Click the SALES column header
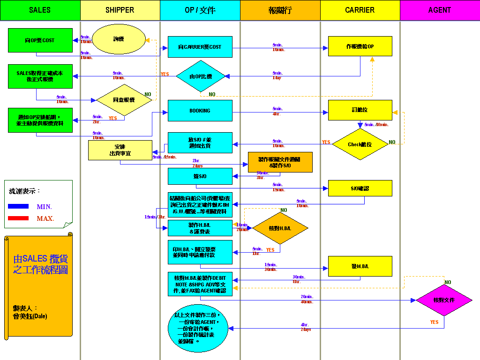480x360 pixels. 40,10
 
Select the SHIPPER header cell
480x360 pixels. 120,10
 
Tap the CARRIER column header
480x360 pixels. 360,10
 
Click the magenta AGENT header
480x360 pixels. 439,10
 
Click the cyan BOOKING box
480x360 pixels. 200,111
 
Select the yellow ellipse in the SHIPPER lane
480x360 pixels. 118,40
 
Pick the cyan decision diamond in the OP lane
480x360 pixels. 201,76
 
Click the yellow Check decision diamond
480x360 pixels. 360,144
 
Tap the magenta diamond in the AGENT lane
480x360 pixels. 444,300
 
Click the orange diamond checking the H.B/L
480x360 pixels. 280,228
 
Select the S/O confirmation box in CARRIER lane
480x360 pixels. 360,188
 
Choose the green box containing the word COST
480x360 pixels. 40,40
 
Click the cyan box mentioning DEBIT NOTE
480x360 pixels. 200,284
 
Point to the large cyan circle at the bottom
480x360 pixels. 198,328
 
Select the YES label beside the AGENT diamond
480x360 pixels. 434,322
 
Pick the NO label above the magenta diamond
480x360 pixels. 448,283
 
